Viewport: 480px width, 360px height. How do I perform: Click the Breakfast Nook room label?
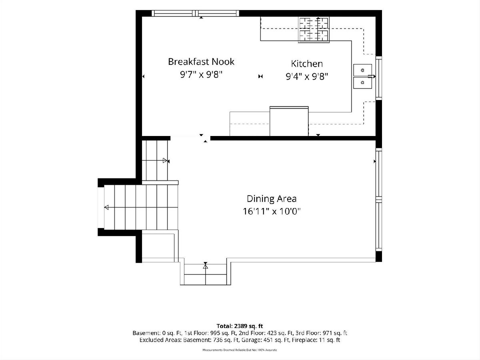(x=201, y=62)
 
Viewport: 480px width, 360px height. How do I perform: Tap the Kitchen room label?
(x=307, y=64)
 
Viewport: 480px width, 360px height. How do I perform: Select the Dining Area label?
(x=272, y=199)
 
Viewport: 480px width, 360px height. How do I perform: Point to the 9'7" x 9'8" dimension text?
(x=201, y=75)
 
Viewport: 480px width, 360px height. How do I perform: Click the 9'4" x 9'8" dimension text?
(x=307, y=76)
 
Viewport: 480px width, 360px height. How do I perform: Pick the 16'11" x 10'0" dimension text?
(x=272, y=211)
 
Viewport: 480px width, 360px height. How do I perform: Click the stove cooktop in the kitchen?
(x=314, y=30)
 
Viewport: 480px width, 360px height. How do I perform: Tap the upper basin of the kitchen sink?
(x=362, y=70)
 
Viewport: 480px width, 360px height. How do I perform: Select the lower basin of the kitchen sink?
(x=362, y=83)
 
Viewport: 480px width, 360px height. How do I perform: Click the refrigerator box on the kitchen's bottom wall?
(x=289, y=121)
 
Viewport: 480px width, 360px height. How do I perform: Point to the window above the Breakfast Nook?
(x=195, y=13)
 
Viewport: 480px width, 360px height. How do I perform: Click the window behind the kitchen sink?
(x=379, y=78)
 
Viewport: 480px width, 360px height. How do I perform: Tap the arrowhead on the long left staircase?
(x=106, y=207)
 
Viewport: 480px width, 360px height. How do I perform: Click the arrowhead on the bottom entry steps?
(x=205, y=266)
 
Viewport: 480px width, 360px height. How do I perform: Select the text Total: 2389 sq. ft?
(x=240, y=326)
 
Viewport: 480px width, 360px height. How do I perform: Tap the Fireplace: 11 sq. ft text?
(x=316, y=340)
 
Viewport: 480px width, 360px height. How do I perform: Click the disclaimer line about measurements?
(x=240, y=350)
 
